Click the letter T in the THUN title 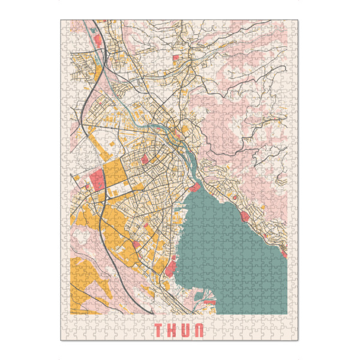tap(159, 330)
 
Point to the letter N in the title tap(200, 330)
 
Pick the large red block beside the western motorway tap(98, 178)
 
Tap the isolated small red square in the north tap(176, 58)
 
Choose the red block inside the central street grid tap(145, 159)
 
